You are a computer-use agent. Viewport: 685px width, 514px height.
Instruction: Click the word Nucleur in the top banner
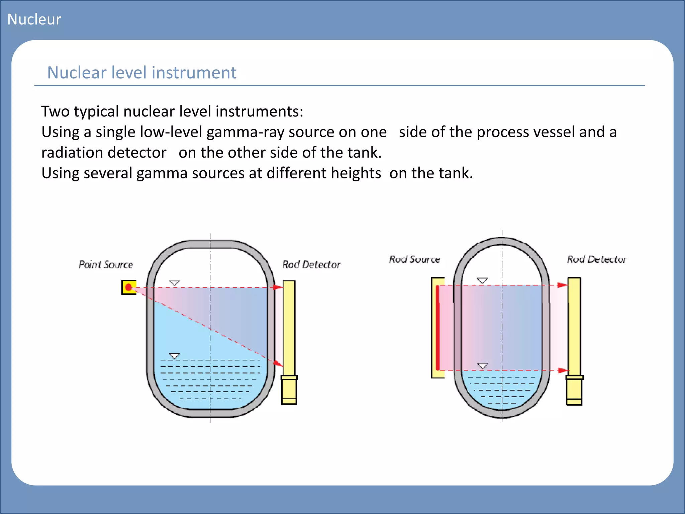34,19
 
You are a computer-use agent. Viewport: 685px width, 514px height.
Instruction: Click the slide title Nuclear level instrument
141,73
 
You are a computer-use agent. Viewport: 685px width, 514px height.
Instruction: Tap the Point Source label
106,265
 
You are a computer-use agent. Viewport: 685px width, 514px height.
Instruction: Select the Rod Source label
414,259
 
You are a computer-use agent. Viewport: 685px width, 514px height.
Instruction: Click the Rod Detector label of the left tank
311,265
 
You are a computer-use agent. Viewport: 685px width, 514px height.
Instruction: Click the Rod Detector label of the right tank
597,259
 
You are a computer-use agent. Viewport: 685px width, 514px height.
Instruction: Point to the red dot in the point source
128,287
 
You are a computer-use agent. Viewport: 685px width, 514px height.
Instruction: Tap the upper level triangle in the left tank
174,283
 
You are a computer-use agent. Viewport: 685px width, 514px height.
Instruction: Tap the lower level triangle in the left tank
174,356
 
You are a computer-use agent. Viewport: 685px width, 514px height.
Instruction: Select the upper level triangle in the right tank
482,280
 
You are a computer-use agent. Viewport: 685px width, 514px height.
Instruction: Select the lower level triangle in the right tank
482,366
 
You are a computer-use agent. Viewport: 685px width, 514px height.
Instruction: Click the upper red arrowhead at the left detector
278,287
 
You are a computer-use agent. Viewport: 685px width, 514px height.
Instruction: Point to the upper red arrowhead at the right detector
562,285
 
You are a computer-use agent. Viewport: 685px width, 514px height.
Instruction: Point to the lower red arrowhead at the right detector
563,370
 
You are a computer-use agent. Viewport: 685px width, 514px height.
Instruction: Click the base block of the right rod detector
574,391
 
